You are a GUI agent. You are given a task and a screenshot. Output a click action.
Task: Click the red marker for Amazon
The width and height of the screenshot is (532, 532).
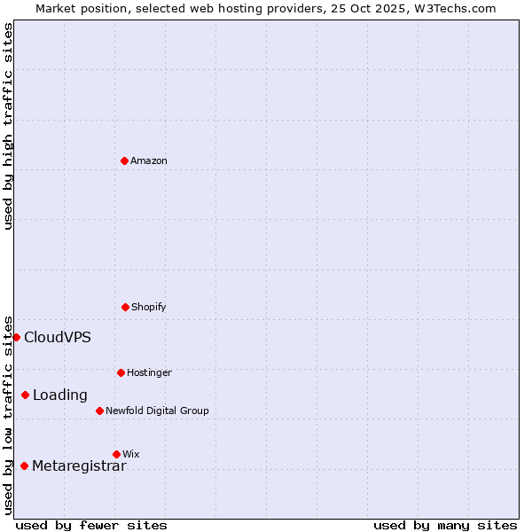pos(124,160)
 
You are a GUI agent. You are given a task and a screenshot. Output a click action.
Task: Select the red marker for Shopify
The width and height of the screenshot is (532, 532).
pos(125,307)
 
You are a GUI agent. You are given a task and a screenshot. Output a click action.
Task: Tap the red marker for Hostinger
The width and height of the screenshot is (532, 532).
pos(121,372)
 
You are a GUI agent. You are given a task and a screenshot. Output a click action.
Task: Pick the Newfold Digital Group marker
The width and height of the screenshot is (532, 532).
pos(99,411)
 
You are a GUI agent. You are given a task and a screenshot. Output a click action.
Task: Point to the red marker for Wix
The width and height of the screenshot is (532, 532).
pos(116,454)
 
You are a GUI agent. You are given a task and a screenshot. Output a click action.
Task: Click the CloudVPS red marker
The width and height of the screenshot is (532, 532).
pos(16,337)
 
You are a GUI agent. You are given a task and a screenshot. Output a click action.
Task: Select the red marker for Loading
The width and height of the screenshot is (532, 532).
pos(25,395)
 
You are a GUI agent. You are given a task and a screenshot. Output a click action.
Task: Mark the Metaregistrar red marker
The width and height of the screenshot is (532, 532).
pos(24,465)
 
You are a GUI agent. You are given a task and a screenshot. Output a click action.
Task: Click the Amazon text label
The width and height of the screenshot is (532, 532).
pos(149,160)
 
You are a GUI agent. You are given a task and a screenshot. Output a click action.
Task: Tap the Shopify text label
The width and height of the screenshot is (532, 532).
pos(149,307)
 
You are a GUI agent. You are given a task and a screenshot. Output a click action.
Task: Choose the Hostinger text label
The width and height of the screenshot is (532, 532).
pos(149,372)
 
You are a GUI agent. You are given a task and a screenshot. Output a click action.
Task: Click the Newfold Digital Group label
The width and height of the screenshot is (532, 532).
pos(157,411)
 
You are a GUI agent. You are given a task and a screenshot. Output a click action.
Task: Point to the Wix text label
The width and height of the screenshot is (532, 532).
pos(131,454)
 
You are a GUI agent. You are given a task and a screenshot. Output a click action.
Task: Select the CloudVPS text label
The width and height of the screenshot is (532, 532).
pos(58,337)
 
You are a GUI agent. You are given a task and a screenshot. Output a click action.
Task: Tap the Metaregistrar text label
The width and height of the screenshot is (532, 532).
pos(79,466)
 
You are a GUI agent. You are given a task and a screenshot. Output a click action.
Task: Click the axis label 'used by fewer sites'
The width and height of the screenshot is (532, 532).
pos(91,525)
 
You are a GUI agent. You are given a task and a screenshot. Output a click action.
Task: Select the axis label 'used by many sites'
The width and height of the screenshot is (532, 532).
pos(445,525)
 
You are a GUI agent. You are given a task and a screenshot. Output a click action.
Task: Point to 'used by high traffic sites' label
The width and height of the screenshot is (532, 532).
pos(8,126)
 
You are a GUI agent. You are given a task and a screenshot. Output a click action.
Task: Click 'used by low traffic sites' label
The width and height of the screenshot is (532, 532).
pos(8,415)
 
